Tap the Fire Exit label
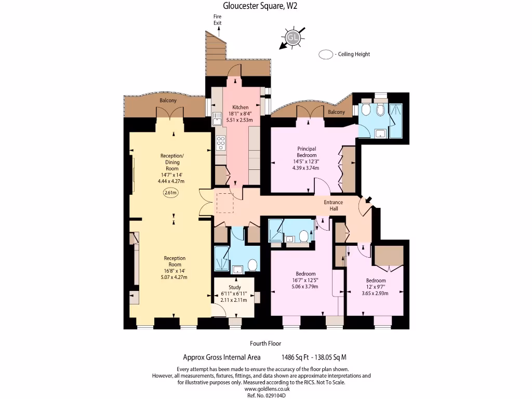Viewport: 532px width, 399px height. pyautogui.click(x=217, y=20)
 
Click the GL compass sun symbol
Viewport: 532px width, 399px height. pyautogui.click(x=293, y=37)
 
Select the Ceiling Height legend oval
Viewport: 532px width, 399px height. pyautogui.click(x=326, y=54)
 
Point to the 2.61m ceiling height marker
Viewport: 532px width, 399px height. pyautogui.click(x=170, y=193)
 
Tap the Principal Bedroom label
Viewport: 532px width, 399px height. pyautogui.click(x=307, y=152)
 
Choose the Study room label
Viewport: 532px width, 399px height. pyautogui.click(x=235, y=287)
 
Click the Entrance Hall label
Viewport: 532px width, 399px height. pyautogui.click(x=333, y=205)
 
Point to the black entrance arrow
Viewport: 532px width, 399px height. pyautogui.click(x=368, y=199)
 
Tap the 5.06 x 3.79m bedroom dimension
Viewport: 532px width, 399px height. pyautogui.click(x=305, y=286)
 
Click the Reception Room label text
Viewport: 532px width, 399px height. pyautogui.click(x=175, y=261)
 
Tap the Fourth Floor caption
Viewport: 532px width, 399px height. pyautogui.click(x=265, y=343)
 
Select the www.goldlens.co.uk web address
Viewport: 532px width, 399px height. pyautogui.click(x=267, y=389)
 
